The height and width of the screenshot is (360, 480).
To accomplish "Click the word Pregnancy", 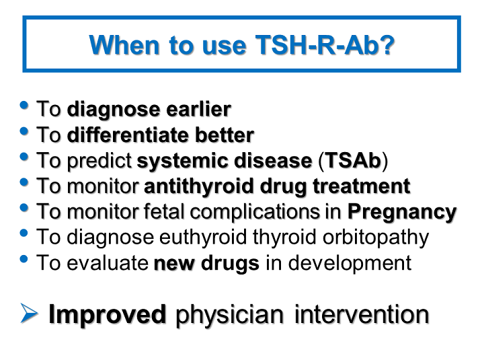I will point(401,211).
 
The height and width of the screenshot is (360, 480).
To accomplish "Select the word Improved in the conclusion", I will point(107,314).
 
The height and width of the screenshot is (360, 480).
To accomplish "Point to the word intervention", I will point(361,314).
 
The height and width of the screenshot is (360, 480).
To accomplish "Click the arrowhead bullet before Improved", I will point(30,314).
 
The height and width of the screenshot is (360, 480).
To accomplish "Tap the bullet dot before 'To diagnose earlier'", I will point(25,106).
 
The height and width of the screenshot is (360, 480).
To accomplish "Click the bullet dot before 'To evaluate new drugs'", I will point(25,259).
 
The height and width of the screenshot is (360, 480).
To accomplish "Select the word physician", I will point(230,314).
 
